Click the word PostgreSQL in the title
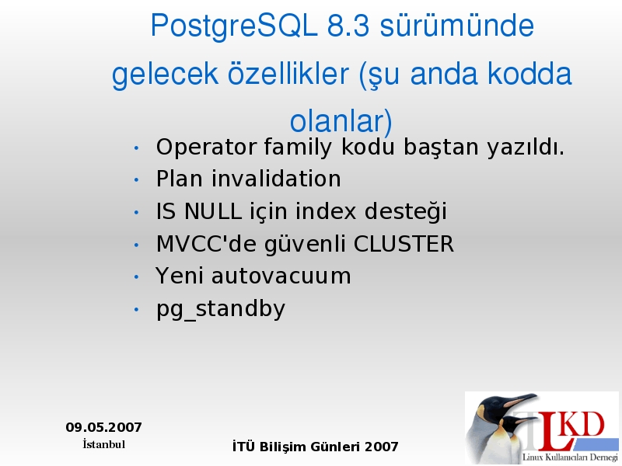pos(234,26)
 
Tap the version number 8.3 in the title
pos(348,26)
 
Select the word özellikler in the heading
pos(288,73)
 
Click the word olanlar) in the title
pos(341,121)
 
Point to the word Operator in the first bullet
pos(206,148)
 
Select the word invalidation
pos(276,179)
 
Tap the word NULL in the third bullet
pos(213,210)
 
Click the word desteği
pos(405,211)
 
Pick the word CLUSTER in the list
pos(404,243)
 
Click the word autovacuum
pos(281,276)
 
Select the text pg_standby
pos(221,309)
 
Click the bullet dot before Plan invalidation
pos(137,180)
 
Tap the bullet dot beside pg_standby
pos(137,309)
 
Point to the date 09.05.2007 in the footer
pos(103,427)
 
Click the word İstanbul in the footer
pos(104,444)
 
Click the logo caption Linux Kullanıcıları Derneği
pos(570,457)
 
